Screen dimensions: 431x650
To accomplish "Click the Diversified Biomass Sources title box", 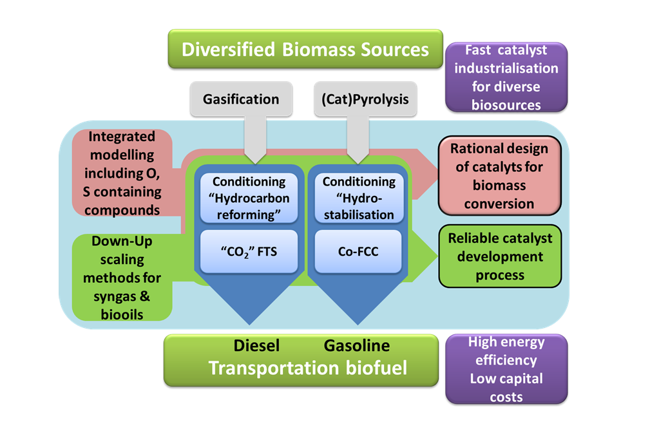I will pyautogui.click(x=305, y=49).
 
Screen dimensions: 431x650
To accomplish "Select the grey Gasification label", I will pyautogui.click(x=241, y=99).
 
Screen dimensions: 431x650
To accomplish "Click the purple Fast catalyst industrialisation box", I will pyautogui.click(x=506, y=77).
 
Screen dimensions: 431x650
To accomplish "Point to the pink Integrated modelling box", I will pyautogui.click(x=122, y=173).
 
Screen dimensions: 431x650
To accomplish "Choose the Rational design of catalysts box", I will pyautogui.click(x=499, y=176).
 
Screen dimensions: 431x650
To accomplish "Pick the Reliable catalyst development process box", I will pyautogui.click(x=500, y=256).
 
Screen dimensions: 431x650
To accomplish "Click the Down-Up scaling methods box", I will pyautogui.click(x=122, y=278).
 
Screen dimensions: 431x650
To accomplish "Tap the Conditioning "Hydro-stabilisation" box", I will pyautogui.click(x=359, y=198).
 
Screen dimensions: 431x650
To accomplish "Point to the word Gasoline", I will pyautogui.click(x=357, y=345).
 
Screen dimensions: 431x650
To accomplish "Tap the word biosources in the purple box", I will pyautogui.click(x=506, y=104).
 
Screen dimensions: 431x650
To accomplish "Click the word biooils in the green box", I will pyautogui.click(x=122, y=314).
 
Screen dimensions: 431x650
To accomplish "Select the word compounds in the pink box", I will pyautogui.click(x=122, y=209).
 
